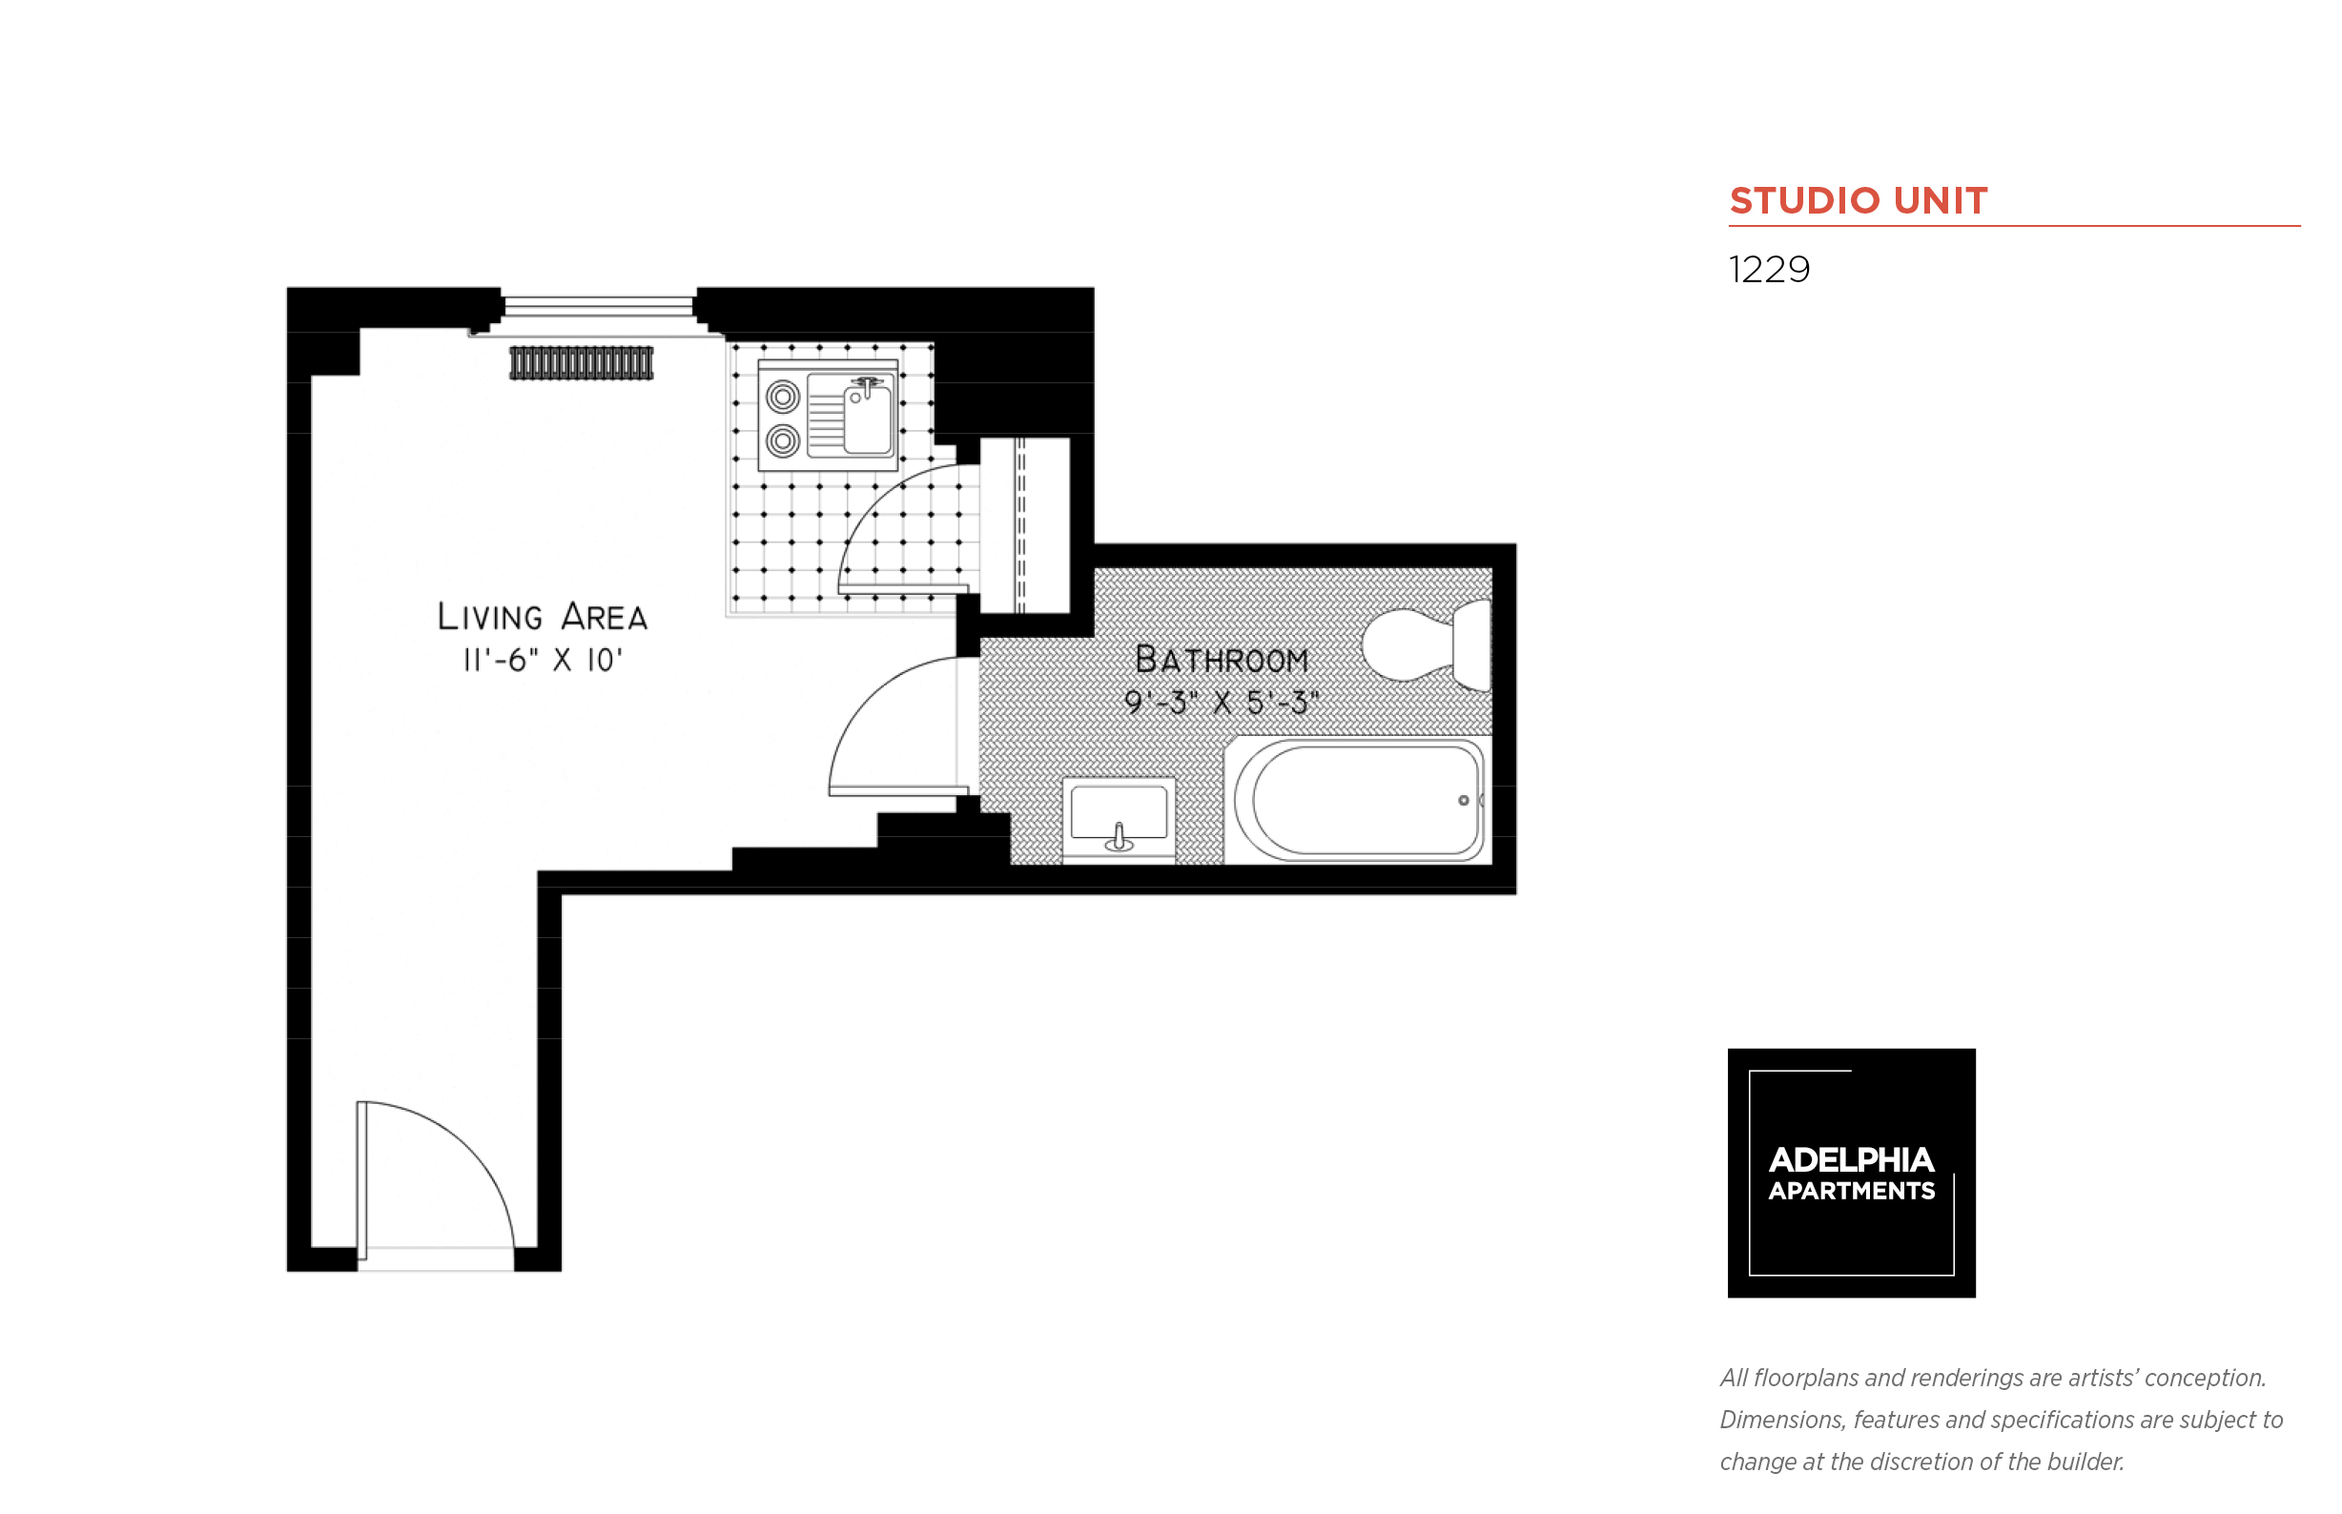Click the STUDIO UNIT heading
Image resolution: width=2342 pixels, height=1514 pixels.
pyautogui.click(x=1858, y=200)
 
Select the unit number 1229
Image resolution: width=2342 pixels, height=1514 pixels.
pyautogui.click(x=1768, y=270)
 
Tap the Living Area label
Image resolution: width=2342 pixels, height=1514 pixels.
pyautogui.click(x=542, y=618)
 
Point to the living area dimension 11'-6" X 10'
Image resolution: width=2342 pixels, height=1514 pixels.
pyautogui.click(x=543, y=660)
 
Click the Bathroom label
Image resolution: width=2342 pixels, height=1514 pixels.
pyautogui.click(x=1222, y=660)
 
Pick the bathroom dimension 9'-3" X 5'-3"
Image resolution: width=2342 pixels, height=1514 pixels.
pyautogui.click(x=1222, y=703)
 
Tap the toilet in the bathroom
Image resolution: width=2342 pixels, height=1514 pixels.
pyautogui.click(x=1426, y=644)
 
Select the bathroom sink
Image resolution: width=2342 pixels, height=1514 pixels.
pyautogui.click(x=1119, y=816)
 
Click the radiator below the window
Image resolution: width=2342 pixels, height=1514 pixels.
pyautogui.click(x=581, y=363)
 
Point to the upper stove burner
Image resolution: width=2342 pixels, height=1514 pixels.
pyautogui.click(x=783, y=399)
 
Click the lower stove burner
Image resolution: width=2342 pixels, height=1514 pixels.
pyautogui.click(x=783, y=441)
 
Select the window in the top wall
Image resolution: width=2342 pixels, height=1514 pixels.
pyautogui.click(x=598, y=306)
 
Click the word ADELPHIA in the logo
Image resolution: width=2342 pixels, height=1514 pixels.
pyautogui.click(x=1850, y=1160)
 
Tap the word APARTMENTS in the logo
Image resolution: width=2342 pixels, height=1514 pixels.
pyautogui.click(x=1850, y=1191)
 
